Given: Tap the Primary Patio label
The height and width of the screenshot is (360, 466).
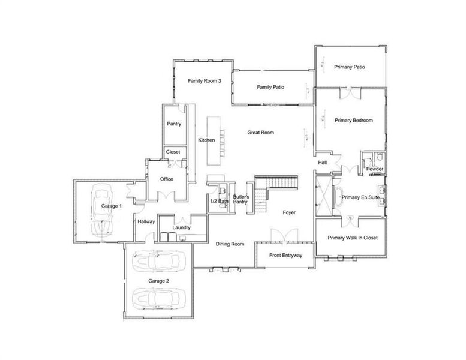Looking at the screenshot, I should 350,67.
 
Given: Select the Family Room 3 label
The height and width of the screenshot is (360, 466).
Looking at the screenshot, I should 205,80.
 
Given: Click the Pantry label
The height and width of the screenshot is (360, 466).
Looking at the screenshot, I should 174,124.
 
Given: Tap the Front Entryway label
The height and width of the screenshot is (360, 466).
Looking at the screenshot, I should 285,255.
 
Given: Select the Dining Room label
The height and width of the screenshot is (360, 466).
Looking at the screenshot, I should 230,244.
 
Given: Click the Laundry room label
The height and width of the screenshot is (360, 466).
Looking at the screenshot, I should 181,227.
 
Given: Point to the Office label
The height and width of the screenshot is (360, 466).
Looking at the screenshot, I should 166,179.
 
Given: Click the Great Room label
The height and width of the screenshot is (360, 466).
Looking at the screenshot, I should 261,133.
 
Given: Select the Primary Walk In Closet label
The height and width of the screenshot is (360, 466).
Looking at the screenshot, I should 353,238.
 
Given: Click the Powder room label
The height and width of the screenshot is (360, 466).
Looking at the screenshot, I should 375,169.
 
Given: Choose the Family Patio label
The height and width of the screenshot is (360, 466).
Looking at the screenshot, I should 270,88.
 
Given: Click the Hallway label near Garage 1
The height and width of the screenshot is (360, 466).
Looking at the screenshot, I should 146,221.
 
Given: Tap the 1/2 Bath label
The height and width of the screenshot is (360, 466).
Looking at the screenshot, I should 218,201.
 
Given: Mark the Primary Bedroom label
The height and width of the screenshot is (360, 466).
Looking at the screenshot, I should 353,121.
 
